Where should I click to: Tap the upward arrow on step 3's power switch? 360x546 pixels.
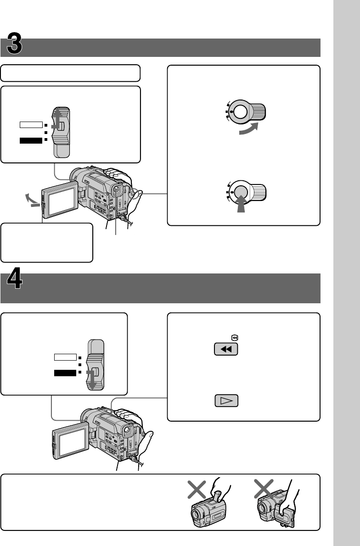coord(58,120)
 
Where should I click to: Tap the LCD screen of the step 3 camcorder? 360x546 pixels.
coord(61,198)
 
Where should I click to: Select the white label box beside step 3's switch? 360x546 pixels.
coord(31,124)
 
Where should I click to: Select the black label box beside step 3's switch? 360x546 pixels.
coord(31,140)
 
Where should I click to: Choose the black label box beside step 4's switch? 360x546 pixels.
coord(65,373)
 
